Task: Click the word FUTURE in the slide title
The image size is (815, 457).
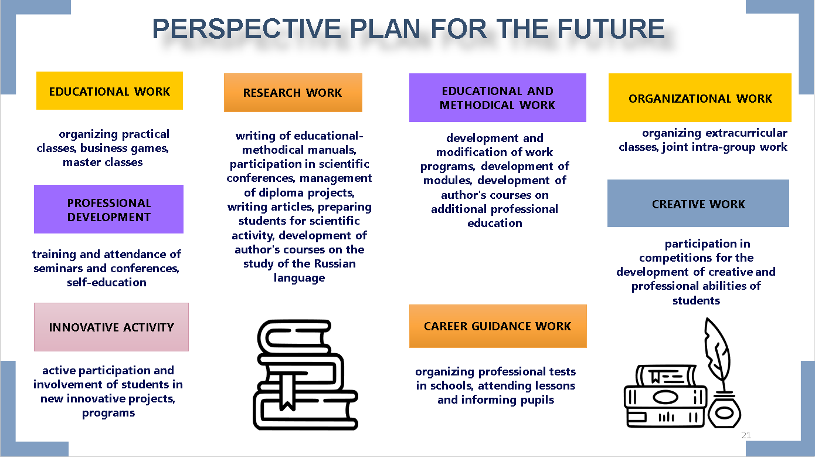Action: (x=611, y=29)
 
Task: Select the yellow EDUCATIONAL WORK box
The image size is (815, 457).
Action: (x=110, y=91)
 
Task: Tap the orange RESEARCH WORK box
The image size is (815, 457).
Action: (x=293, y=93)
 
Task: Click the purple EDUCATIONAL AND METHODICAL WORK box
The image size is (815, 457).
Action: (x=497, y=97)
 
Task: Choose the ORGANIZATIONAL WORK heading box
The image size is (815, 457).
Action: (x=699, y=97)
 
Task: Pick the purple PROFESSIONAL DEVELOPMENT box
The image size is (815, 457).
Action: (x=109, y=209)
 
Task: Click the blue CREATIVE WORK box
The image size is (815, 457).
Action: (x=698, y=203)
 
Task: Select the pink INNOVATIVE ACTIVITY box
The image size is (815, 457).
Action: (x=111, y=327)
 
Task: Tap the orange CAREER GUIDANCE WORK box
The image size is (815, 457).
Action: (x=498, y=326)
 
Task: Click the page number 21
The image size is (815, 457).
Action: (x=746, y=435)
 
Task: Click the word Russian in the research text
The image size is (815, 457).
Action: (x=335, y=263)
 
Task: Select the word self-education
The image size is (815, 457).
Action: (x=107, y=282)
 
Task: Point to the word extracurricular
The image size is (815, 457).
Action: (x=746, y=133)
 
